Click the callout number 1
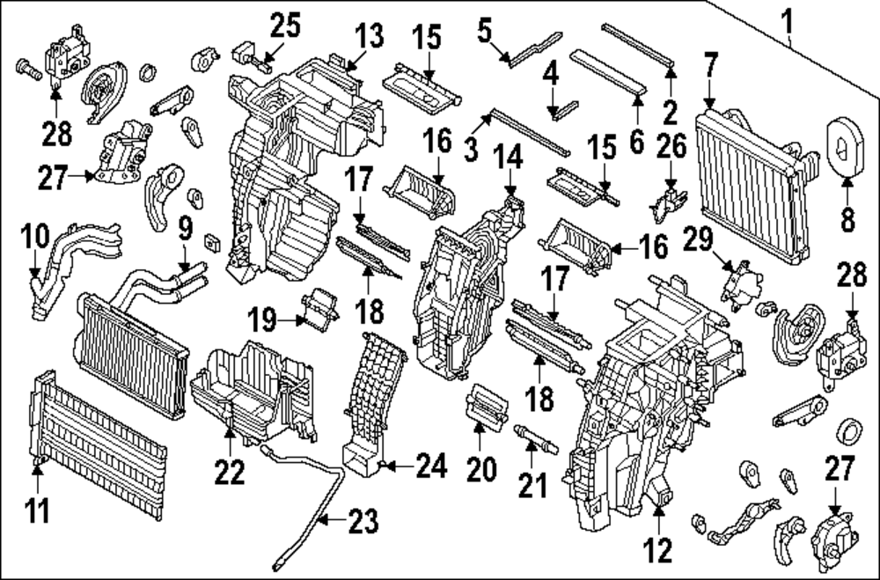(x=788, y=17)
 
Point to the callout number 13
(x=369, y=37)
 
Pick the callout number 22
(x=231, y=473)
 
